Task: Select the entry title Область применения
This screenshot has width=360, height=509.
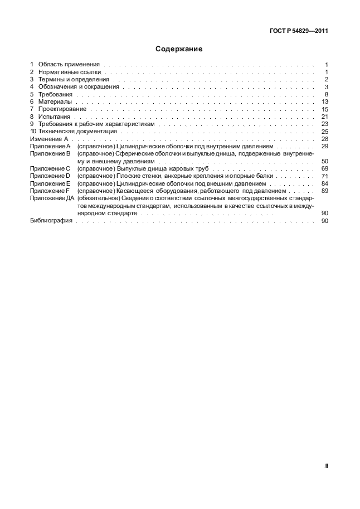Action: [x=69, y=65]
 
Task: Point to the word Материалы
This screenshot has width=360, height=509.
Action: [x=55, y=102]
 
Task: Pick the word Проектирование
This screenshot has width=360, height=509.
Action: [x=62, y=109]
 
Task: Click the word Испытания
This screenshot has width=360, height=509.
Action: [x=55, y=117]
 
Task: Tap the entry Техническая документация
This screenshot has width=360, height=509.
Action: [x=77, y=132]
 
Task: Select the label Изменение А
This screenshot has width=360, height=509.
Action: [x=48, y=139]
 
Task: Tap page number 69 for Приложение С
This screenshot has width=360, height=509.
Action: [x=325, y=168]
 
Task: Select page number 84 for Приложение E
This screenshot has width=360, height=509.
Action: [x=325, y=183]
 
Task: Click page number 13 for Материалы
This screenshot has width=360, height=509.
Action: [x=325, y=102]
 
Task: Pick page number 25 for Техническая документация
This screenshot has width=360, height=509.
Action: [x=325, y=132]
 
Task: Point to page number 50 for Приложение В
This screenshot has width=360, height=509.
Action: [x=325, y=161]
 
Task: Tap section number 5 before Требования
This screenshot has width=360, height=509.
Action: [x=32, y=95]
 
